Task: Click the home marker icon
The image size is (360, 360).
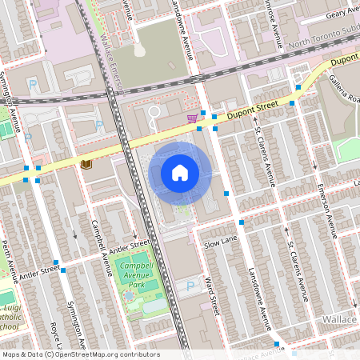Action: point(180,173)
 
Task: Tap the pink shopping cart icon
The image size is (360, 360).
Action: point(192,118)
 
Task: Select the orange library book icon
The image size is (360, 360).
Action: point(86,163)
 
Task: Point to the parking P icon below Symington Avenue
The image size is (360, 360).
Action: point(33,84)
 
